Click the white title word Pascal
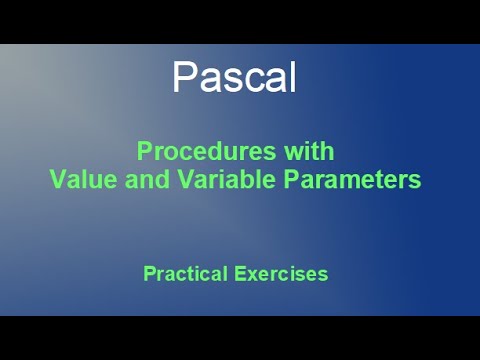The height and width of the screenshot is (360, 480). [234, 77]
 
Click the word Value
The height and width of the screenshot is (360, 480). [83, 181]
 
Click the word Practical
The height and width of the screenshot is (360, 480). [185, 273]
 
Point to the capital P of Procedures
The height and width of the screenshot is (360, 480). [144, 152]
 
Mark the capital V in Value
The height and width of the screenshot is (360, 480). [57, 181]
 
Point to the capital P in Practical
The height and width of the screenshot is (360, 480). [150, 273]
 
